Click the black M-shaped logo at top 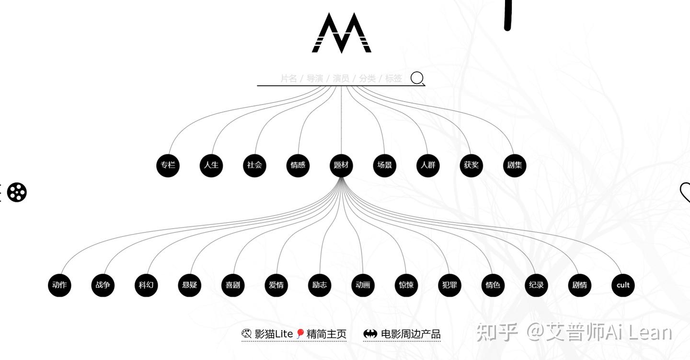[x=342, y=33]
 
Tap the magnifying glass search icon [x=417, y=78]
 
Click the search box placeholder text [x=341, y=78]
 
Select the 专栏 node [x=168, y=165]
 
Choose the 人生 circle [x=211, y=165]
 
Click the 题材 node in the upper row [x=341, y=165]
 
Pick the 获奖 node [x=471, y=165]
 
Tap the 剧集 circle [x=515, y=165]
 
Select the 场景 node [x=384, y=165]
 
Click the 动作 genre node [x=59, y=285]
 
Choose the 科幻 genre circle [x=146, y=285]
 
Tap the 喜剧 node [x=233, y=285]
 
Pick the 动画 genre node [x=363, y=285]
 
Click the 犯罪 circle [x=449, y=285]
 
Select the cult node [x=623, y=285]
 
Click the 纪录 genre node [x=536, y=285]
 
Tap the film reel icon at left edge [x=17, y=192]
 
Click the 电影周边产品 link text [x=410, y=334]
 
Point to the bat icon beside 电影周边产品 [x=370, y=334]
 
